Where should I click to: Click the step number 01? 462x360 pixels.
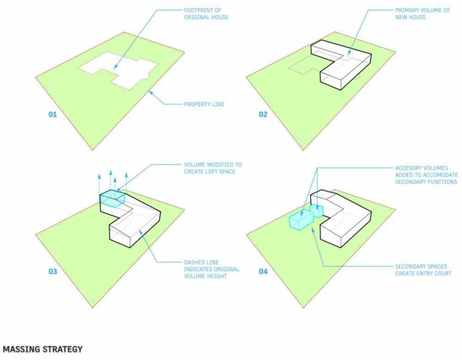click(x=53, y=114)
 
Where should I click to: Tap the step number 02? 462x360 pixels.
click(x=263, y=114)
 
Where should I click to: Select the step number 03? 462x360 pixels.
click(x=53, y=271)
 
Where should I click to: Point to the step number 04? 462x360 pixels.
click(x=263, y=271)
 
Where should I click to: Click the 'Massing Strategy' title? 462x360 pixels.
click(x=43, y=349)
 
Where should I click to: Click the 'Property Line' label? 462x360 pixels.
click(x=204, y=104)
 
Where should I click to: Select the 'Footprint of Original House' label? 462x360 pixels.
click(x=206, y=13)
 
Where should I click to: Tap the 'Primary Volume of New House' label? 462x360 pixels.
click(x=423, y=13)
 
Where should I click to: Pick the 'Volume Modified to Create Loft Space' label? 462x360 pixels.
click(x=213, y=168)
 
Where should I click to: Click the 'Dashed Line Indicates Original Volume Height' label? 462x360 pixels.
click(x=212, y=269)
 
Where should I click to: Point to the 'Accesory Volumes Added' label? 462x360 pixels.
click(x=426, y=175)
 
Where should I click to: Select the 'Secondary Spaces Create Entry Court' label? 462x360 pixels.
click(x=423, y=270)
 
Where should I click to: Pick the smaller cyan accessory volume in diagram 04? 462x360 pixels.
click(x=316, y=211)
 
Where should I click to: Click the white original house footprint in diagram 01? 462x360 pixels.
click(x=118, y=71)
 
